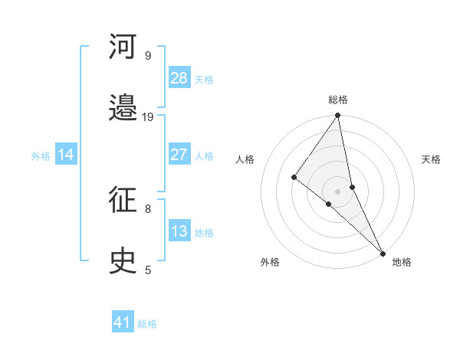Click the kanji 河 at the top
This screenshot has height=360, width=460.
pyautogui.click(x=123, y=47)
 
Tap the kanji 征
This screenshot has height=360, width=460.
pyautogui.click(x=123, y=201)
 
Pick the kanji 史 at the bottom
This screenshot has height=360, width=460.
pyautogui.click(x=123, y=262)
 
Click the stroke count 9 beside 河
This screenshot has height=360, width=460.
pyautogui.click(x=147, y=55)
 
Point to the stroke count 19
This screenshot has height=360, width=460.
pyautogui.click(x=148, y=116)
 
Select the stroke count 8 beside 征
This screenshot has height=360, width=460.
pyautogui.click(x=147, y=208)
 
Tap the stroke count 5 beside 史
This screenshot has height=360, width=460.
pyautogui.click(x=147, y=270)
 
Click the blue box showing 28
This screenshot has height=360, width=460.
pyautogui.click(x=179, y=78)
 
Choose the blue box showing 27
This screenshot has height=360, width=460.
pyautogui.click(x=179, y=155)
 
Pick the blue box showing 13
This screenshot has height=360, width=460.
pyautogui.click(x=179, y=231)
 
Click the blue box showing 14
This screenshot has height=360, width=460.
pyautogui.click(x=66, y=155)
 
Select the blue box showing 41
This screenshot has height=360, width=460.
pyautogui.click(x=123, y=322)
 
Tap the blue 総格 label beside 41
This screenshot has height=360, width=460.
pyautogui.click(x=147, y=324)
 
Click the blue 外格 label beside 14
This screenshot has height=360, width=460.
pyautogui.click(x=41, y=156)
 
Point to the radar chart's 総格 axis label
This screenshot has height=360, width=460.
pyautogui.click(x=338, y=100)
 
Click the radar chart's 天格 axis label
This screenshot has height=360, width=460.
pyautogui.click(x=432, y=159)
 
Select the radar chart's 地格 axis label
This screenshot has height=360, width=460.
pyautogui.click(x=402, y=262)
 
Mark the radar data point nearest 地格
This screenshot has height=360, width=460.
pyautogui.click(x=383, y=252)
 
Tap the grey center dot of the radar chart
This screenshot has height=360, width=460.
pyautogui.click(x=338, y=191)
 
